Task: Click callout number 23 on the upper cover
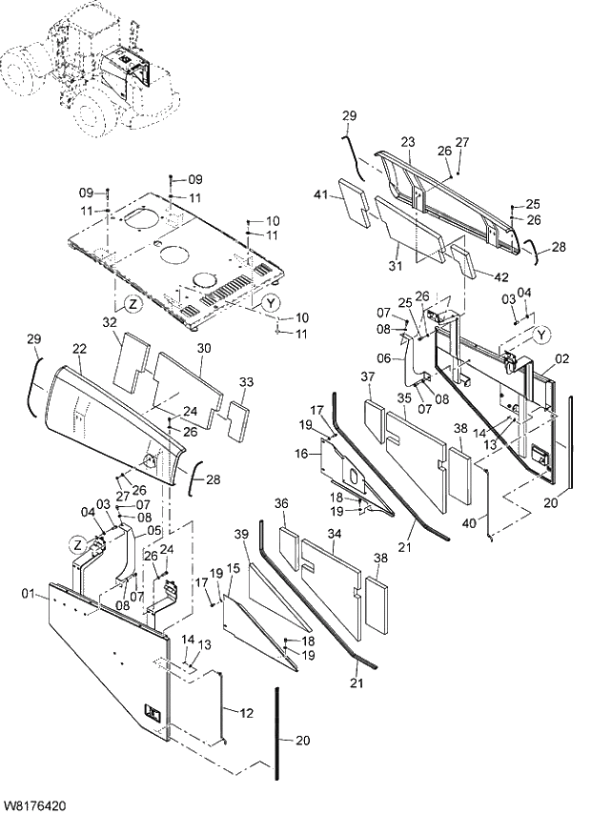click(407, 142)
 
